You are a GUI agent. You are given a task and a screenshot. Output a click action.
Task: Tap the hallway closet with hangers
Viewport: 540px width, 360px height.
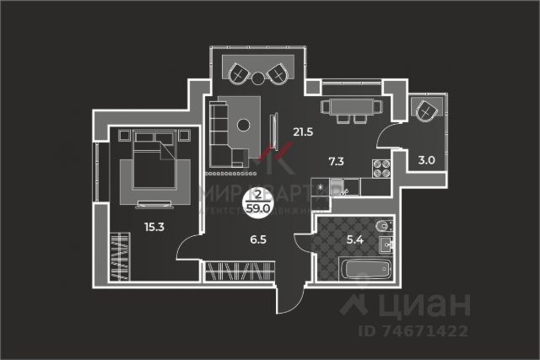coord(240,271)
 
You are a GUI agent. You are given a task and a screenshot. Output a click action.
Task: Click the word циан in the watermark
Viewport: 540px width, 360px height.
coord(430,302)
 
